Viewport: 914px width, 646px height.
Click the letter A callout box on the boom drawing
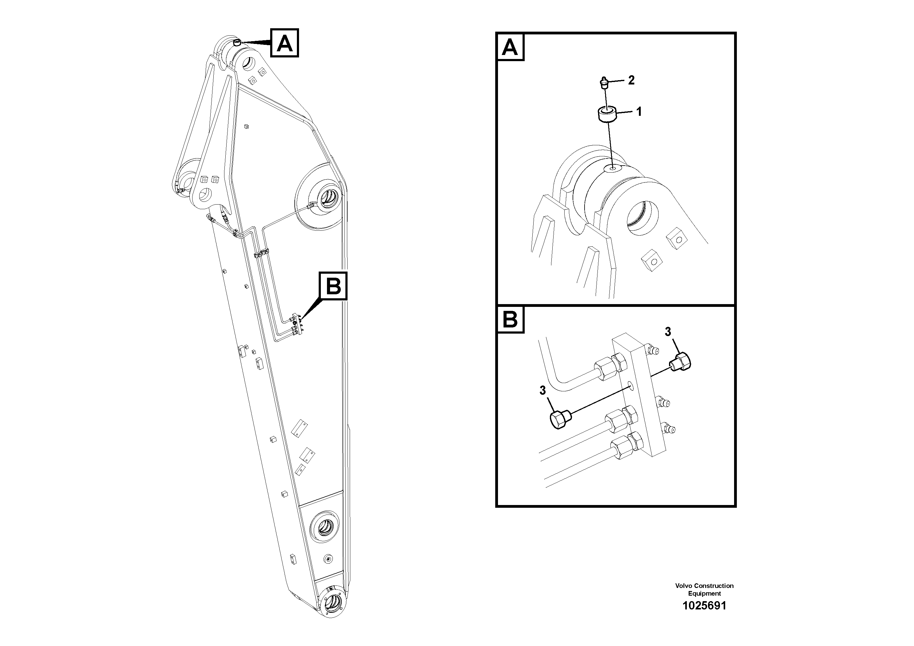point(285,43)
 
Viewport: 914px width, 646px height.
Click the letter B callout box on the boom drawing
point(333,286)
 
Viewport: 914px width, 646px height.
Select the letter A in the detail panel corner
point(510,47)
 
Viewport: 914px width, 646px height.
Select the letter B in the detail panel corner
point(510,319)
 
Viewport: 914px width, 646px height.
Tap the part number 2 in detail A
point(631,80)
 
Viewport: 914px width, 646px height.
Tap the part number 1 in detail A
point(639,112)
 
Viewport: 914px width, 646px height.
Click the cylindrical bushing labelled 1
point(607,115)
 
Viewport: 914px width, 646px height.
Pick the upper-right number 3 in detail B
point(667,332)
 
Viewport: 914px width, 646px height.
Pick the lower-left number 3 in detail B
point(543,391)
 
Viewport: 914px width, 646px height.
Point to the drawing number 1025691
point(704,606)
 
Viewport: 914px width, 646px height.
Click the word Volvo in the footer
point(683,585)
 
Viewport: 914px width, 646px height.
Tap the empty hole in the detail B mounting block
point(630,385)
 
